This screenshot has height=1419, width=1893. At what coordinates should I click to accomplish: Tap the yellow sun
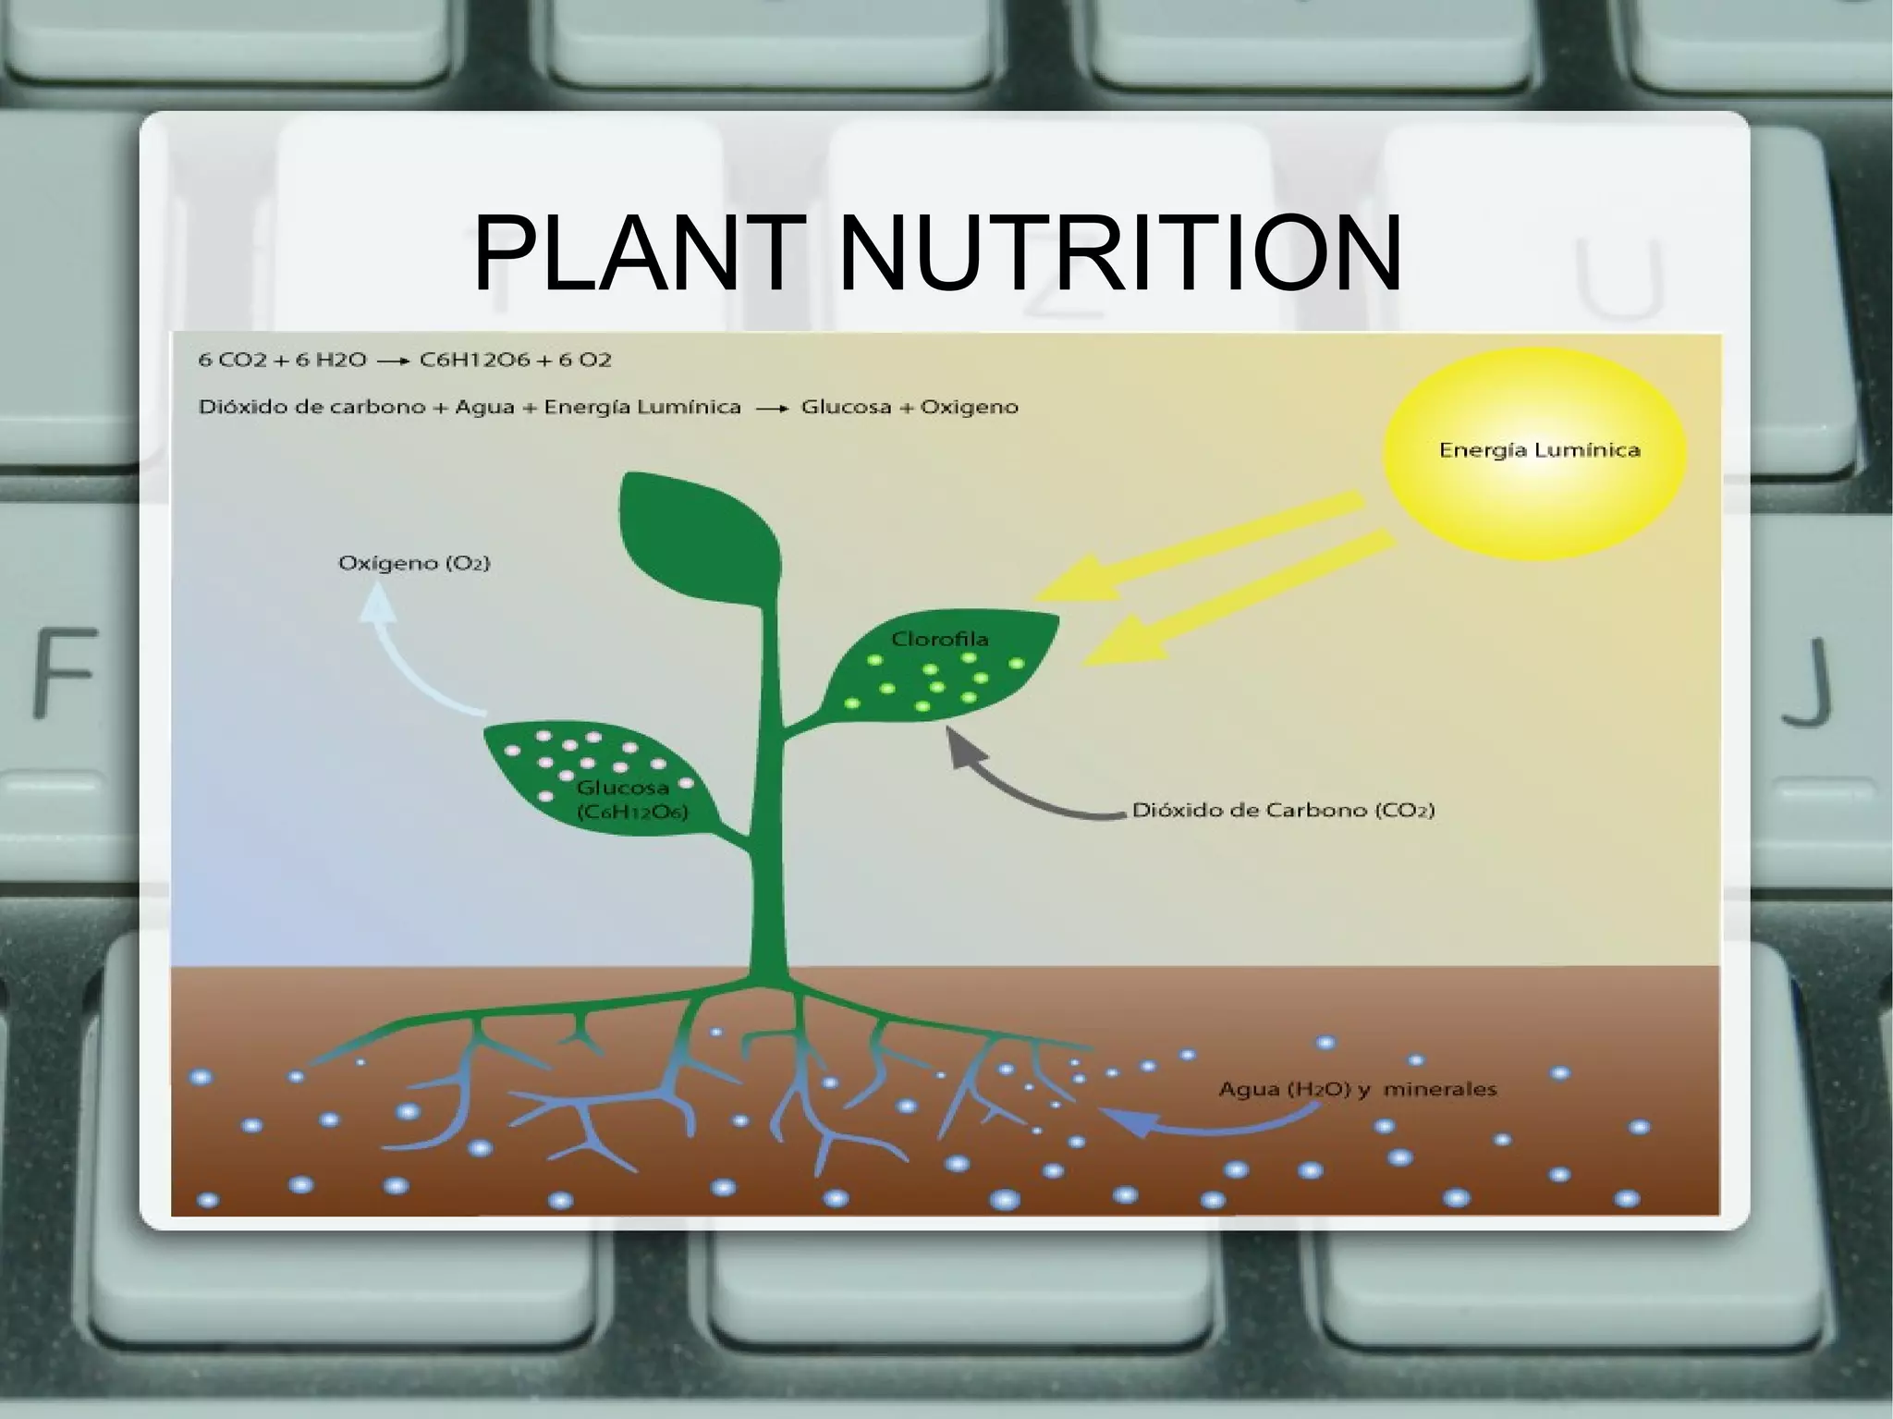click(x=1534, y=453)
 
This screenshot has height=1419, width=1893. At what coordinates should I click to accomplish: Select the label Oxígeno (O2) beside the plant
click(x=414, y=562)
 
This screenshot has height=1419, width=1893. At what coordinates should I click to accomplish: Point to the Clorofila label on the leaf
click(x=939, y=639)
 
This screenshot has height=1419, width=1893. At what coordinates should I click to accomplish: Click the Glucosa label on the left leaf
click(x=623, y=789)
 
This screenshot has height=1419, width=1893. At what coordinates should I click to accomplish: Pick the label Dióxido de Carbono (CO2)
click(x=1283, y=811)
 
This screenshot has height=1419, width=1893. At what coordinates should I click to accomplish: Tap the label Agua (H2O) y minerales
click(x=1357, y=1089)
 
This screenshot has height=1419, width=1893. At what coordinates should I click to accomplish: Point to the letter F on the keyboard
click(x=65, y=670)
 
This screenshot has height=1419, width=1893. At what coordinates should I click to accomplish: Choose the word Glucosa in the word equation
click(x=845, y=407)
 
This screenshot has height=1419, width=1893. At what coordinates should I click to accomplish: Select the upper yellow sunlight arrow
click(x=1202, y=545)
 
